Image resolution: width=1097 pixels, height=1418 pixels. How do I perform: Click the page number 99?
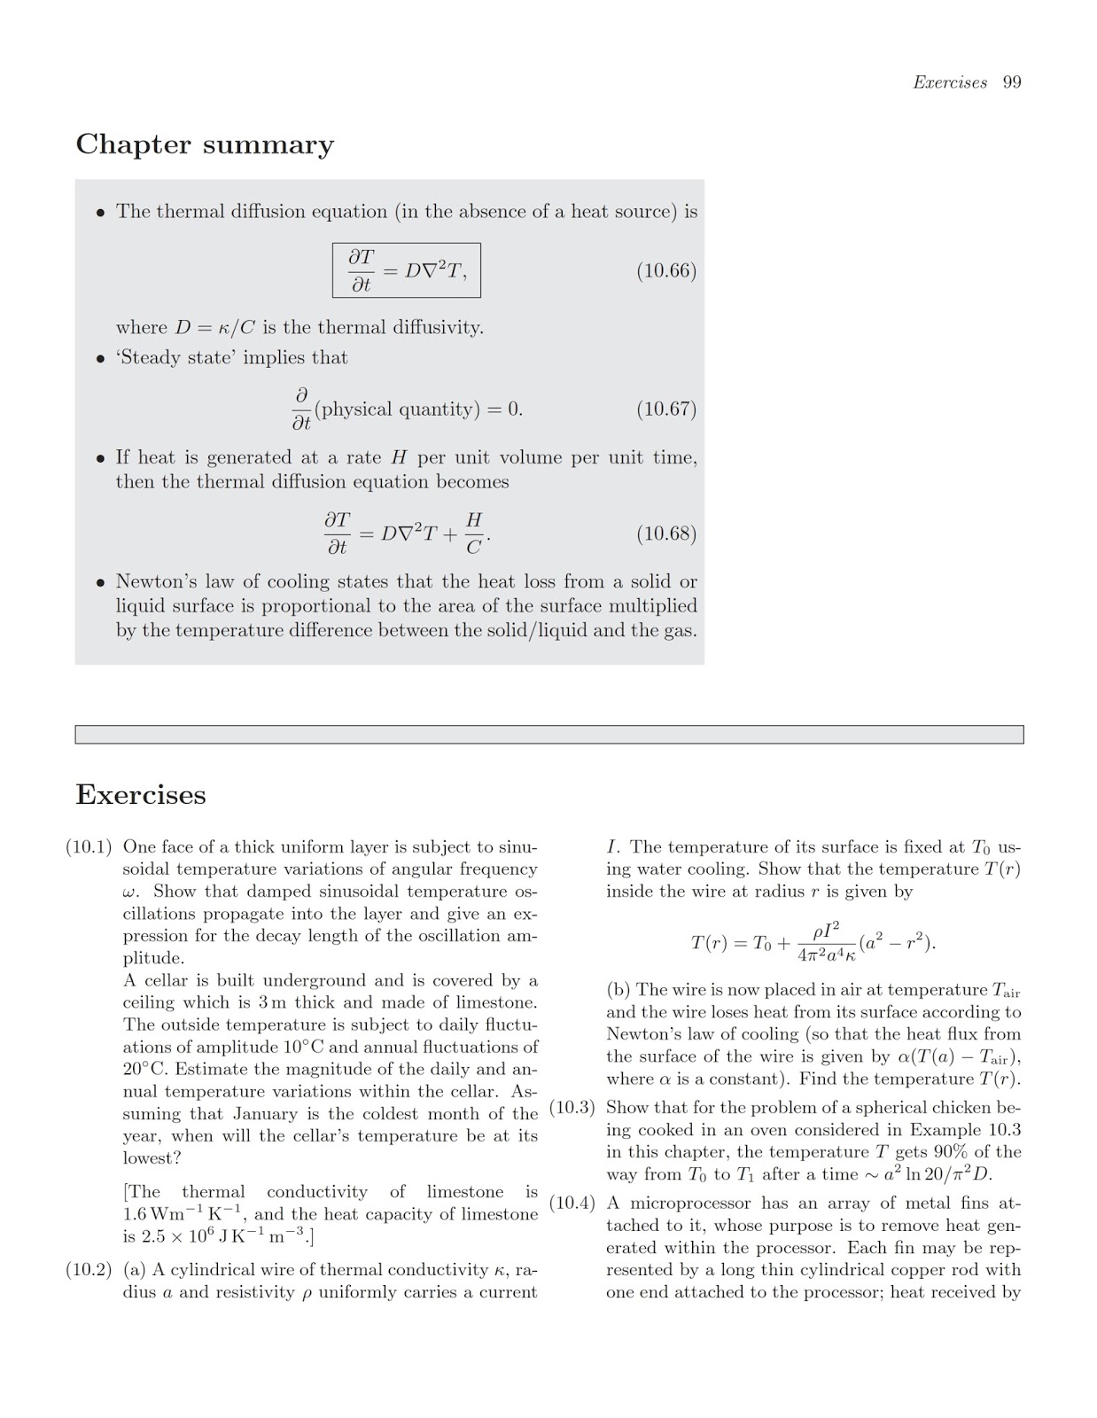click(1012, 82)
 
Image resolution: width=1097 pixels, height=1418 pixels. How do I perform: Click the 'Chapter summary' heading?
click(205, 144)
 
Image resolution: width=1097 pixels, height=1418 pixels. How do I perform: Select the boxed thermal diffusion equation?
click(407, 270)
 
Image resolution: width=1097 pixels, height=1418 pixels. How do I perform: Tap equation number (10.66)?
click(666, 270)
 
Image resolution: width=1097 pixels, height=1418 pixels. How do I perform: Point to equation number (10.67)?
click(666, 409)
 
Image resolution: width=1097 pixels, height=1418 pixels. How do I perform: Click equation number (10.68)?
click(666, 534)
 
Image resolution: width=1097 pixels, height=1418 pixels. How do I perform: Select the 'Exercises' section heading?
click(141, 794)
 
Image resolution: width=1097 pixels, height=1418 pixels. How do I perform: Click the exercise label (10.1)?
click(89, 847)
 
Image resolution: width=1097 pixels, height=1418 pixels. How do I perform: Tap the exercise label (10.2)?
click(89, 1270)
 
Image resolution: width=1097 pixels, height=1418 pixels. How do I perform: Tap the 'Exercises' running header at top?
click(950, 82)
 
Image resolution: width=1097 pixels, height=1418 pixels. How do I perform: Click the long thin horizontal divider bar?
click(548, 735)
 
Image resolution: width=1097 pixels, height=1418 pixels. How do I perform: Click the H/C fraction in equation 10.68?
click(474, 534)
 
